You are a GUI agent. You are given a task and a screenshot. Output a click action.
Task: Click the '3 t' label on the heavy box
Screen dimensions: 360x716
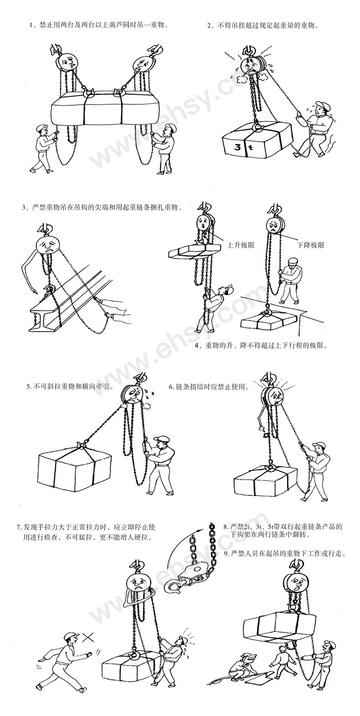239,147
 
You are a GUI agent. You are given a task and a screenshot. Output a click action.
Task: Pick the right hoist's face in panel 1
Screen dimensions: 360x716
143,64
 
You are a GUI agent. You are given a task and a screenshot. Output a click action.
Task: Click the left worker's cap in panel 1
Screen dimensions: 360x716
41,128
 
